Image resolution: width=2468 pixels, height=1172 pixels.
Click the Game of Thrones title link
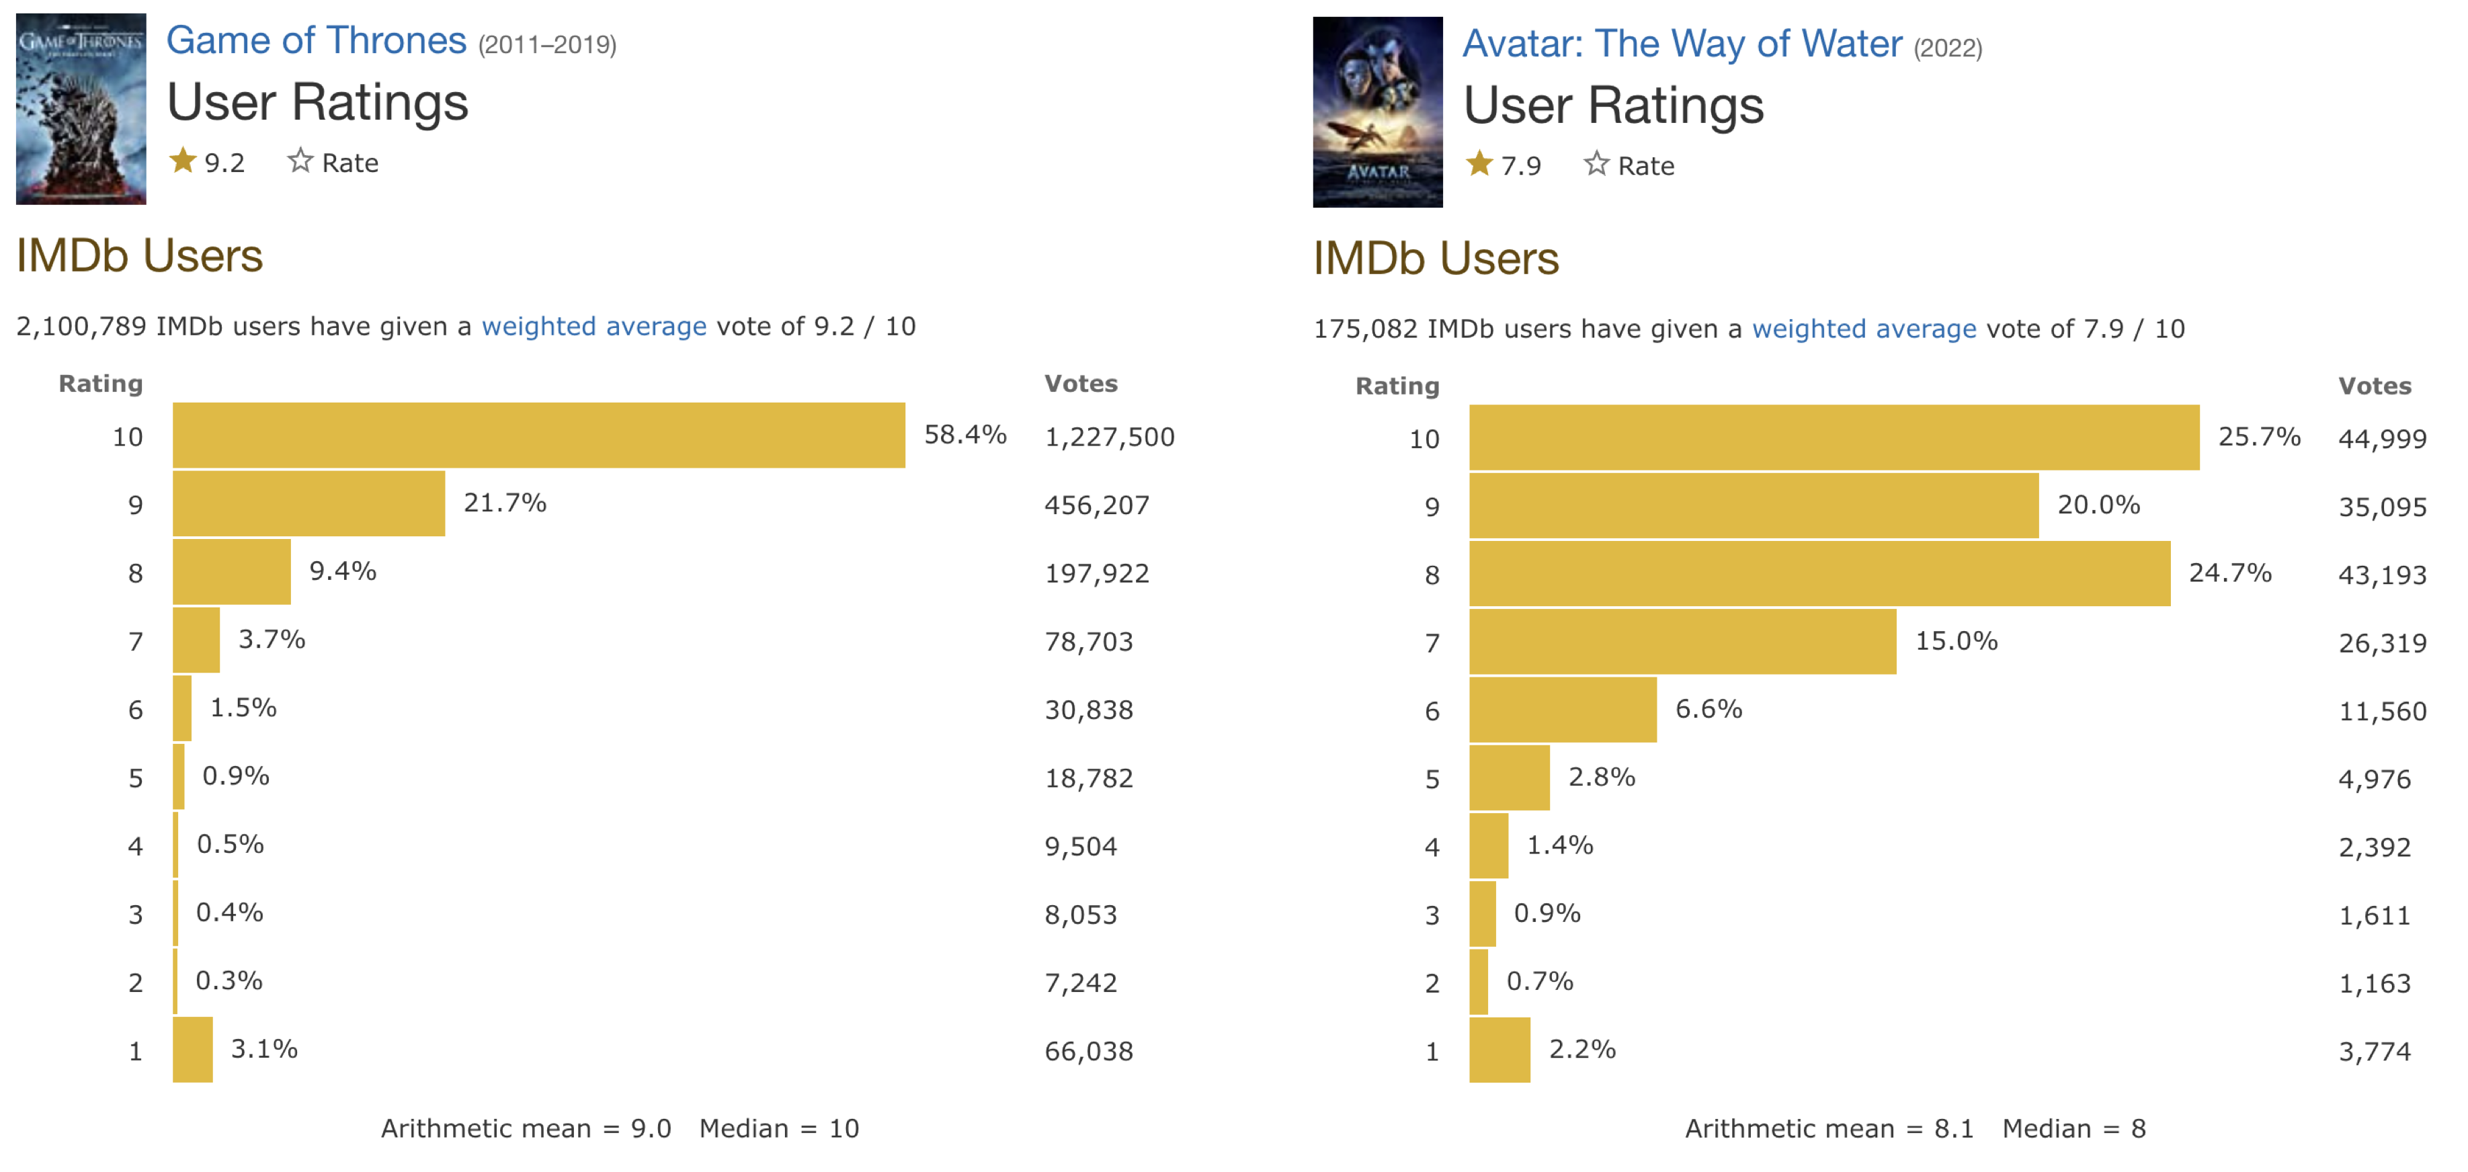[316, 41]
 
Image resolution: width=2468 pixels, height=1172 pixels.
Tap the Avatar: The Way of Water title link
[1682, 44]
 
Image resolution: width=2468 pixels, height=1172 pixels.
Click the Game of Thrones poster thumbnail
[81, 108]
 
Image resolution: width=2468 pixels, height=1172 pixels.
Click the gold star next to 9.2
[183, 161]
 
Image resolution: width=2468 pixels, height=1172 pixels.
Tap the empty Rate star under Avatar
[1595, 164]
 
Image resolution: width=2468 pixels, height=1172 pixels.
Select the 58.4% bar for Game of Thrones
[538, 435]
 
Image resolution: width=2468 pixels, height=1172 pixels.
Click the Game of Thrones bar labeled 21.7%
[308, 503]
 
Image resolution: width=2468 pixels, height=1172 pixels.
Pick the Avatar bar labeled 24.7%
[1819, 573]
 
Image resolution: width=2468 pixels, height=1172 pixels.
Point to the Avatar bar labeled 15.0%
[1682, 641]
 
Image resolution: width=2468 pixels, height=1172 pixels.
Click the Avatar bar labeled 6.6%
[1563, 709]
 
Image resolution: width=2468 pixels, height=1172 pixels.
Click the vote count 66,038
[1088, 1051]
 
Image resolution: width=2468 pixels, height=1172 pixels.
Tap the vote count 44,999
[2382, 439]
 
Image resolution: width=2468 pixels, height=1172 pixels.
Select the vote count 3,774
[2374, 1051]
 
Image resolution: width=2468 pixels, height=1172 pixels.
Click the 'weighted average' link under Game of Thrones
[594, 326]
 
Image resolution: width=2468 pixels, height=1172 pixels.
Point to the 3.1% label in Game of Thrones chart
[264, 1048]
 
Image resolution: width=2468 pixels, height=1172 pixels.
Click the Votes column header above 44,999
[2374, 385]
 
